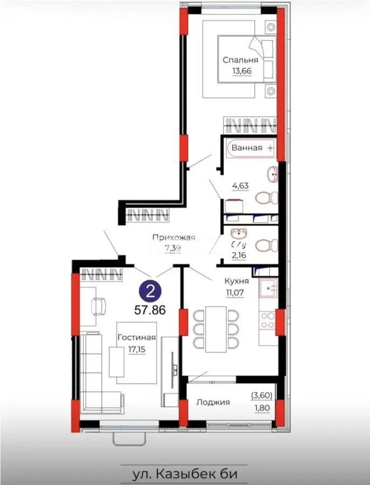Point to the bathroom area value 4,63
point(240,186)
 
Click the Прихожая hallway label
point(173,238)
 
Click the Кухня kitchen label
point(236,281)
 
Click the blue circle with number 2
point(151,293)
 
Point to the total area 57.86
point(151,310)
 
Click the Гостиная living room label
point(138,337)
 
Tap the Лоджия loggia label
point(213,402)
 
